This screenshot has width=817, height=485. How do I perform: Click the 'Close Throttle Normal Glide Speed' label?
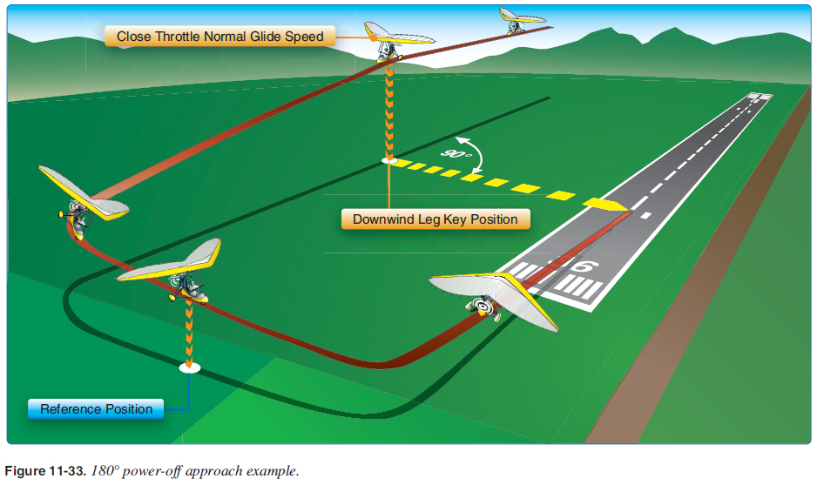[220, 37]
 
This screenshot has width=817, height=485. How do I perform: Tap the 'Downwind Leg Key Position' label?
[435, 219]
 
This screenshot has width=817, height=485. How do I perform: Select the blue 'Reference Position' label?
[96, 409]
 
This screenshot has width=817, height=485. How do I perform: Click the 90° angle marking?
[456, 153]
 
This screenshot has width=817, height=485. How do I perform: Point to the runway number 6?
[581, 266]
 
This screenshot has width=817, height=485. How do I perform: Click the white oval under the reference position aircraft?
[189, 368]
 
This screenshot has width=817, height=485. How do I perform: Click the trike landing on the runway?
[492, 296]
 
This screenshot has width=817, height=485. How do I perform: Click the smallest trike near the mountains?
[521, 19]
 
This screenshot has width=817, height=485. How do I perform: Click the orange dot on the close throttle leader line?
[372, 37]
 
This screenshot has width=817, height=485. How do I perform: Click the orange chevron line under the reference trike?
[188, 331]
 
